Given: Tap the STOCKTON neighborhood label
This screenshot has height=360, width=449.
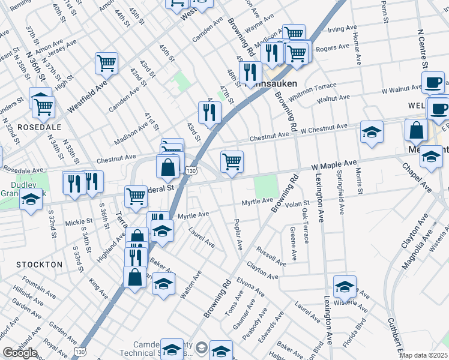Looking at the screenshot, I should [40, 264].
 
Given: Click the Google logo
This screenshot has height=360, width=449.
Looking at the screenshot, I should [20, 353].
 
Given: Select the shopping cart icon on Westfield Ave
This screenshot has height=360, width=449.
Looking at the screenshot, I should [106, 62].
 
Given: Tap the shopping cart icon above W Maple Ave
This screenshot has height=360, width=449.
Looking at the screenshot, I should [232, 161].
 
